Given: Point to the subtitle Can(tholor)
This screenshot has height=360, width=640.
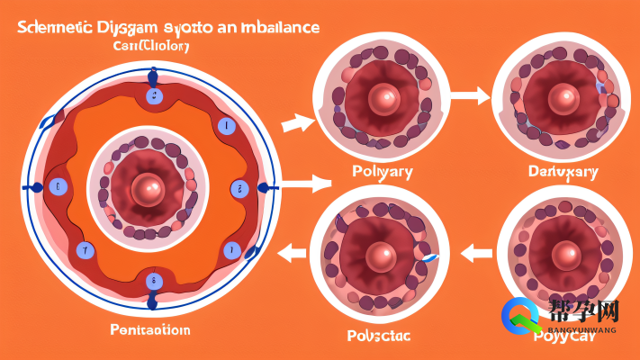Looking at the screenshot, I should click(151, 46).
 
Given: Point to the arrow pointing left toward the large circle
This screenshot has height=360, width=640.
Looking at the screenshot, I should click(291, 255).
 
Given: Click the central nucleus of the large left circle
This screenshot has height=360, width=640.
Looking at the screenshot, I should click(149, 188).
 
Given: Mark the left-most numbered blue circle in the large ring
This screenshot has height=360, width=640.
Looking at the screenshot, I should click(59, 187).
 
